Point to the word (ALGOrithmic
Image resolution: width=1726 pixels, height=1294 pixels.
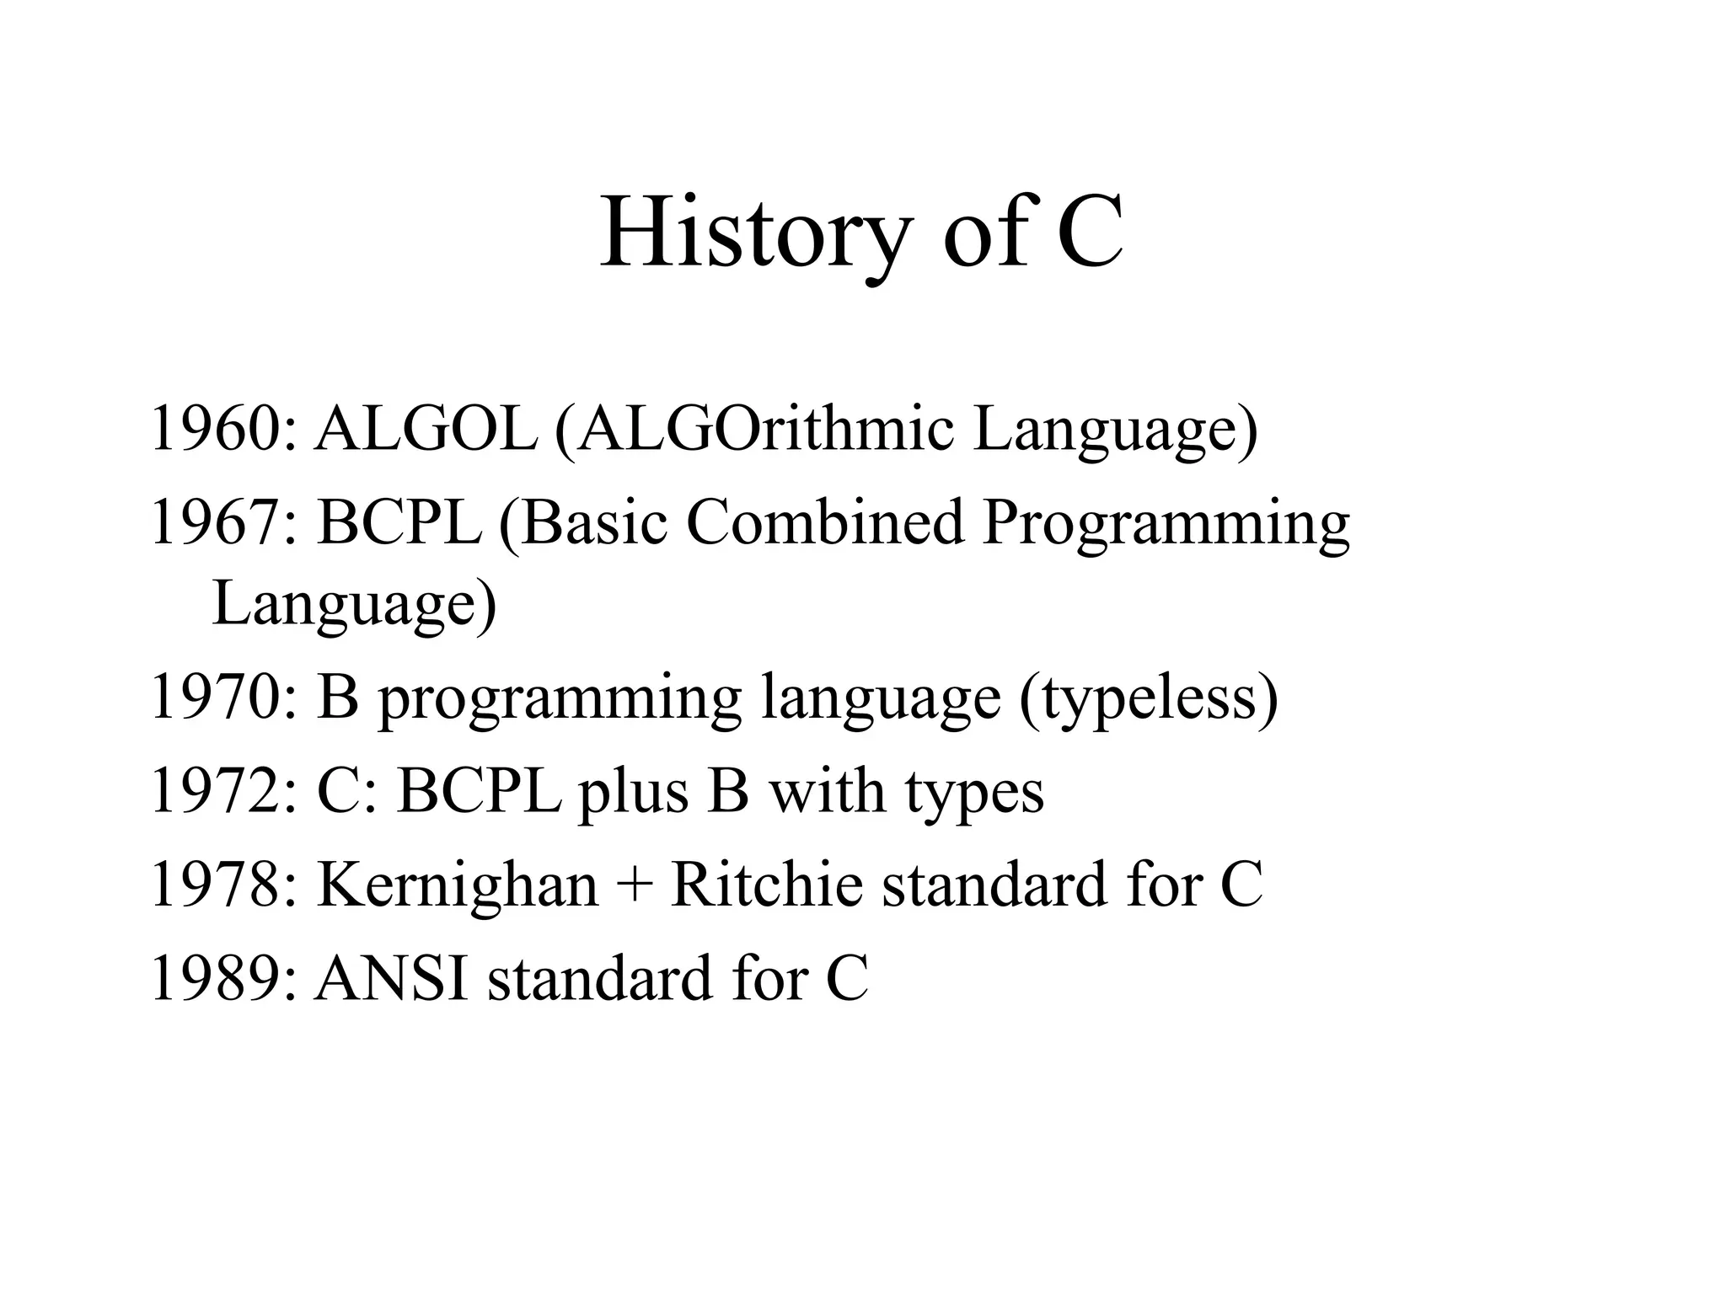[x=753, y=429]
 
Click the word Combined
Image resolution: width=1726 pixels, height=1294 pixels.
[x=825, y=522]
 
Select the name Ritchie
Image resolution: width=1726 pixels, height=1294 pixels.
[x=766, y=885]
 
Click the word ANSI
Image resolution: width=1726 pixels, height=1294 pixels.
[x=391, y=978]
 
